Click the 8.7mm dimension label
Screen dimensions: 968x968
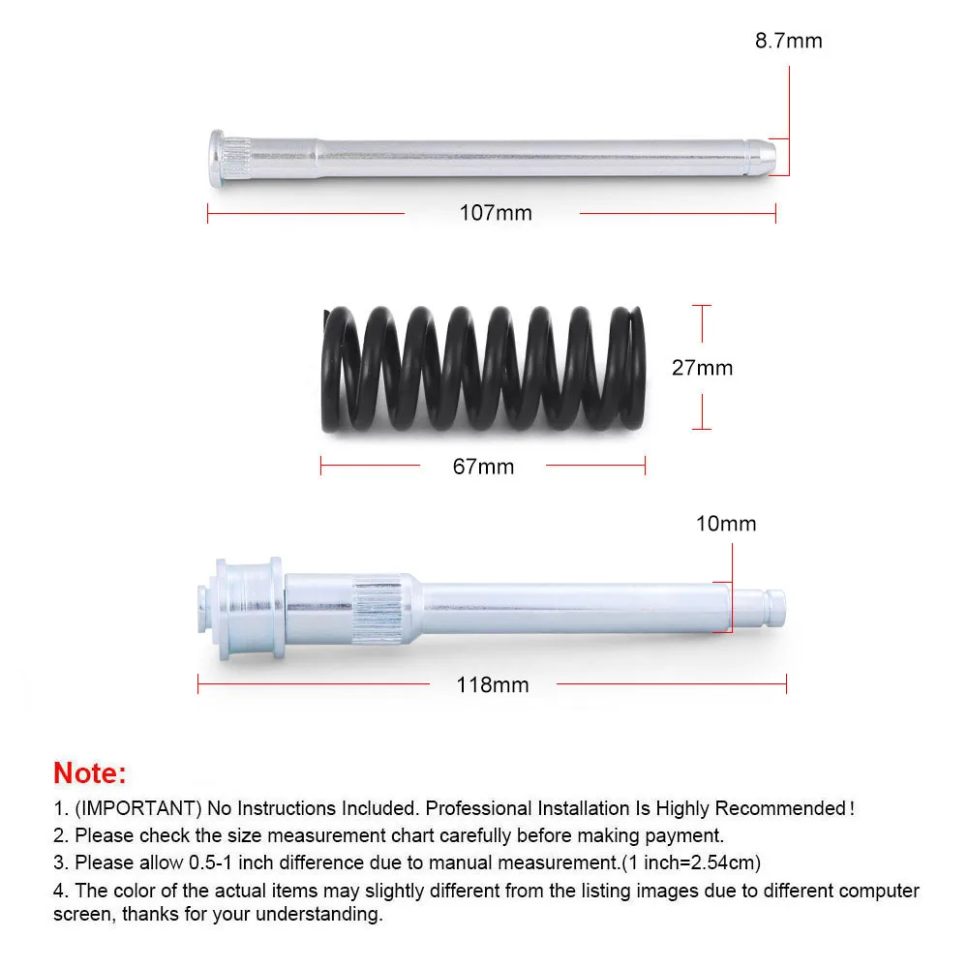tap(788, 41)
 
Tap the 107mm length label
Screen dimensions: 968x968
tap(495, 213)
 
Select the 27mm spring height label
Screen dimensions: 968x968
tap(702, 368)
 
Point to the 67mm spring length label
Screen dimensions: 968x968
tap(483, 467)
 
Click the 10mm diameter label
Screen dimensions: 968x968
tap(726, 524)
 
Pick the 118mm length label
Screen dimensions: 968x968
tap(493, 684)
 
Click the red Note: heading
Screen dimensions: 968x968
tap(89, 772)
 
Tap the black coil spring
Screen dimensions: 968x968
tap(483, 369)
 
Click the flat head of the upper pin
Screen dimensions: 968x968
tap(216, 158)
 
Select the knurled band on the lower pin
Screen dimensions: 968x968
tap(378, 609)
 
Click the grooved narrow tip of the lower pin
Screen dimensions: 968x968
tap(759, 608)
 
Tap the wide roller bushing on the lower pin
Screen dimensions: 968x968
tap(250, 609)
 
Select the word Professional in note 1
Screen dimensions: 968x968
tap(478, 808)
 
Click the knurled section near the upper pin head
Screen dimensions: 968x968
tap(237, 158)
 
